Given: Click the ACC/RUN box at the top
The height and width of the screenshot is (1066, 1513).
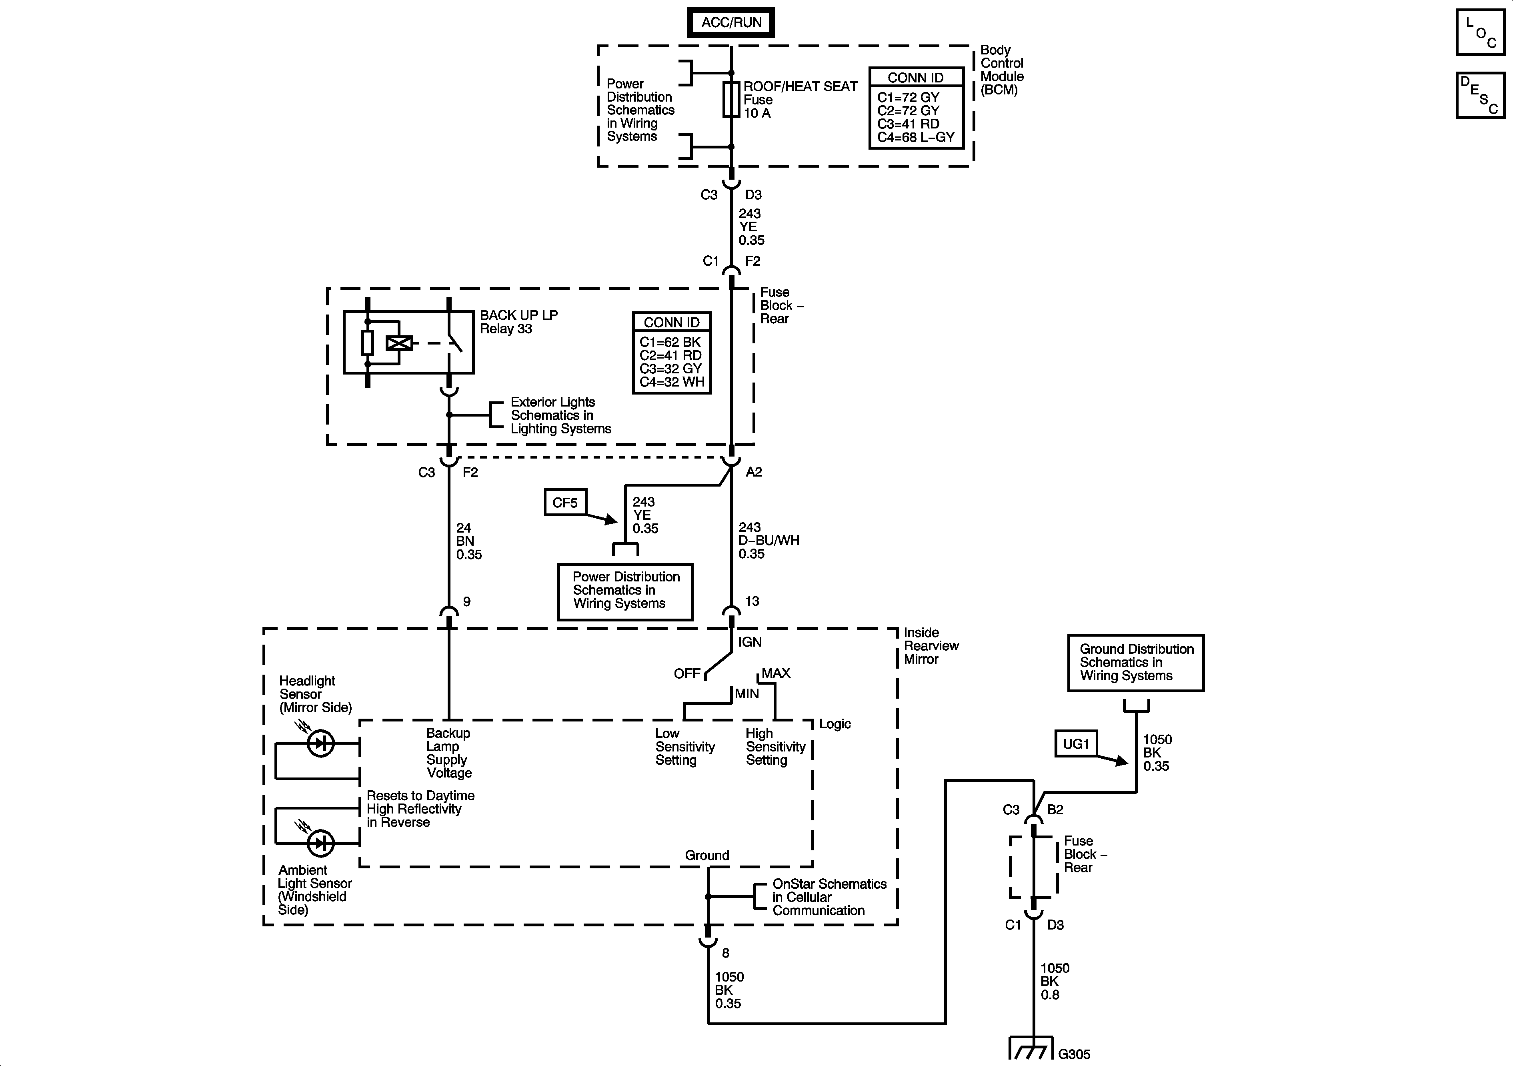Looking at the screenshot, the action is click(x=731, y=22).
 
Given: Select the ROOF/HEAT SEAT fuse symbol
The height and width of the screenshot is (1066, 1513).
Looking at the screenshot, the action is click(x=731, y=100).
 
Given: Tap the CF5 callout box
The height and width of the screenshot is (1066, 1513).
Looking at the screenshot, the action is click(x=565, y=502).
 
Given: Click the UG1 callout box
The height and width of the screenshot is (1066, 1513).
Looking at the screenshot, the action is click(x=1075, y=744).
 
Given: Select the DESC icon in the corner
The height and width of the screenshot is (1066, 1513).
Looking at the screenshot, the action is click(x=1480, y=96).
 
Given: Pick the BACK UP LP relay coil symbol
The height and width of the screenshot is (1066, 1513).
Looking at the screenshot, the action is click(x=399, y=343).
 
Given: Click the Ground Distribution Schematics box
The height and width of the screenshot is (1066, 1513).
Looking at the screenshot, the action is click(x=1136, y=663).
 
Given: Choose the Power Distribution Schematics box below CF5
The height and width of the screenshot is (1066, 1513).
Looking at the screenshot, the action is click(x=625, y=591).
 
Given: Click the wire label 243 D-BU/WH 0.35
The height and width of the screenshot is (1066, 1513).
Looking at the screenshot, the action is click(x=769, y=541).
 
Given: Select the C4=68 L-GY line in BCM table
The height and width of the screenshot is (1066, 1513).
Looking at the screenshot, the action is click(x=916, y=138).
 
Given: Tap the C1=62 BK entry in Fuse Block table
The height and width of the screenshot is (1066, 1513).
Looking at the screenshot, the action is click(x=670, y=342).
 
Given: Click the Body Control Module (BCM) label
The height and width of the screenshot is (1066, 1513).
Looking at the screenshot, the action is click(x=1002, y=70).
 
